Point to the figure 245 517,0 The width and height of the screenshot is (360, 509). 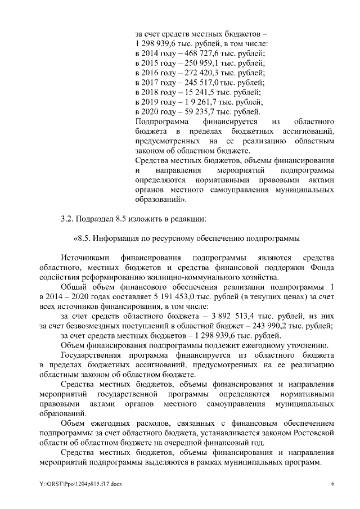point(198,83)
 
